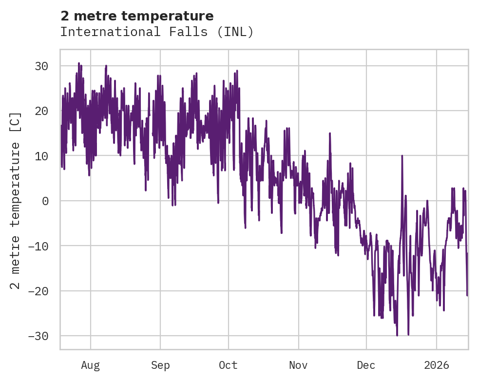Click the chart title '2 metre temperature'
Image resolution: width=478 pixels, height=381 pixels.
(x=137, y=16)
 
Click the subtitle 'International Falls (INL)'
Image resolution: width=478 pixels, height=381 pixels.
(x=157, y=32)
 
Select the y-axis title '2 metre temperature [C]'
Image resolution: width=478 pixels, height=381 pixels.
(x=16, y=200)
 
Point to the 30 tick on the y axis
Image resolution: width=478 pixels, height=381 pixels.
(x=44, y=66)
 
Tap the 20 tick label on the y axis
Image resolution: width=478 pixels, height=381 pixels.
(x=44, y=111)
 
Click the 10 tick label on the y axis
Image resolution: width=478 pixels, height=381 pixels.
(x=44, y=156)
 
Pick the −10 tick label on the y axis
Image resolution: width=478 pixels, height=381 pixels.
(x=41, y=246)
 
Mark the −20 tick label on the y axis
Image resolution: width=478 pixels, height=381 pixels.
(x=41, y=291)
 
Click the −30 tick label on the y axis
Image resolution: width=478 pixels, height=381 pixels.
(x=41, y=336)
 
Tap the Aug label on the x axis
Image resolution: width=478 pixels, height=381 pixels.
(x=91, y=365)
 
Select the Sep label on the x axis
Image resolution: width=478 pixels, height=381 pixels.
(x=160, y=365)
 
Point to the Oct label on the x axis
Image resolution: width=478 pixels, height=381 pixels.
(x=228, y=365)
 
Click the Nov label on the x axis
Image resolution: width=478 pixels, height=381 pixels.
(x=298, y=365)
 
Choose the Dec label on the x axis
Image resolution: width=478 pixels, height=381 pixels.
(x=366, y=365)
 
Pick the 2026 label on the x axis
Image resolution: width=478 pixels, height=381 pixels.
(x=437, y=365)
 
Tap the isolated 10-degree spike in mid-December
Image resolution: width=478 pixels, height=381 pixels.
(x=402, y=156)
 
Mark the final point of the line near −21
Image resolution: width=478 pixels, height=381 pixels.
(x=467, y=295)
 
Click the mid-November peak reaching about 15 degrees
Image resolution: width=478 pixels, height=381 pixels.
(x=330, y=133)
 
